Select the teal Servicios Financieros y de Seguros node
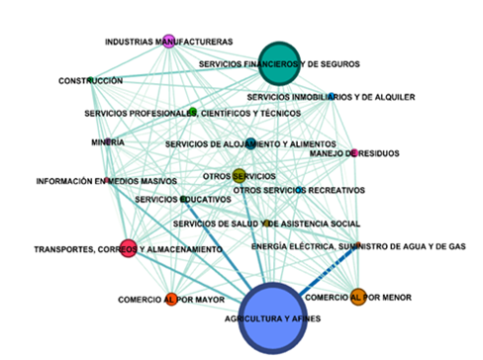click(x=279, y=63)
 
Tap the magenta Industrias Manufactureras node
click(x=168, y=41)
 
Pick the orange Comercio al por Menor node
click(x=357, y=295)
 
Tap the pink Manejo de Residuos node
click(x=353, y=152)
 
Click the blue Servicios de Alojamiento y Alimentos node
click(x=249, y=144)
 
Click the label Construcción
click(x=90, y=80)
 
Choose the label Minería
click(x=107, y=142)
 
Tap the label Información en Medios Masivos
click(x=106, y=181)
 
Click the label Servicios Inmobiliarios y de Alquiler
click(x=331, y=97)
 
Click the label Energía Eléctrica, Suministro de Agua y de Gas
click(x=357, y=245)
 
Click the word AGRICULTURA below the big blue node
click(x=247, y=320)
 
